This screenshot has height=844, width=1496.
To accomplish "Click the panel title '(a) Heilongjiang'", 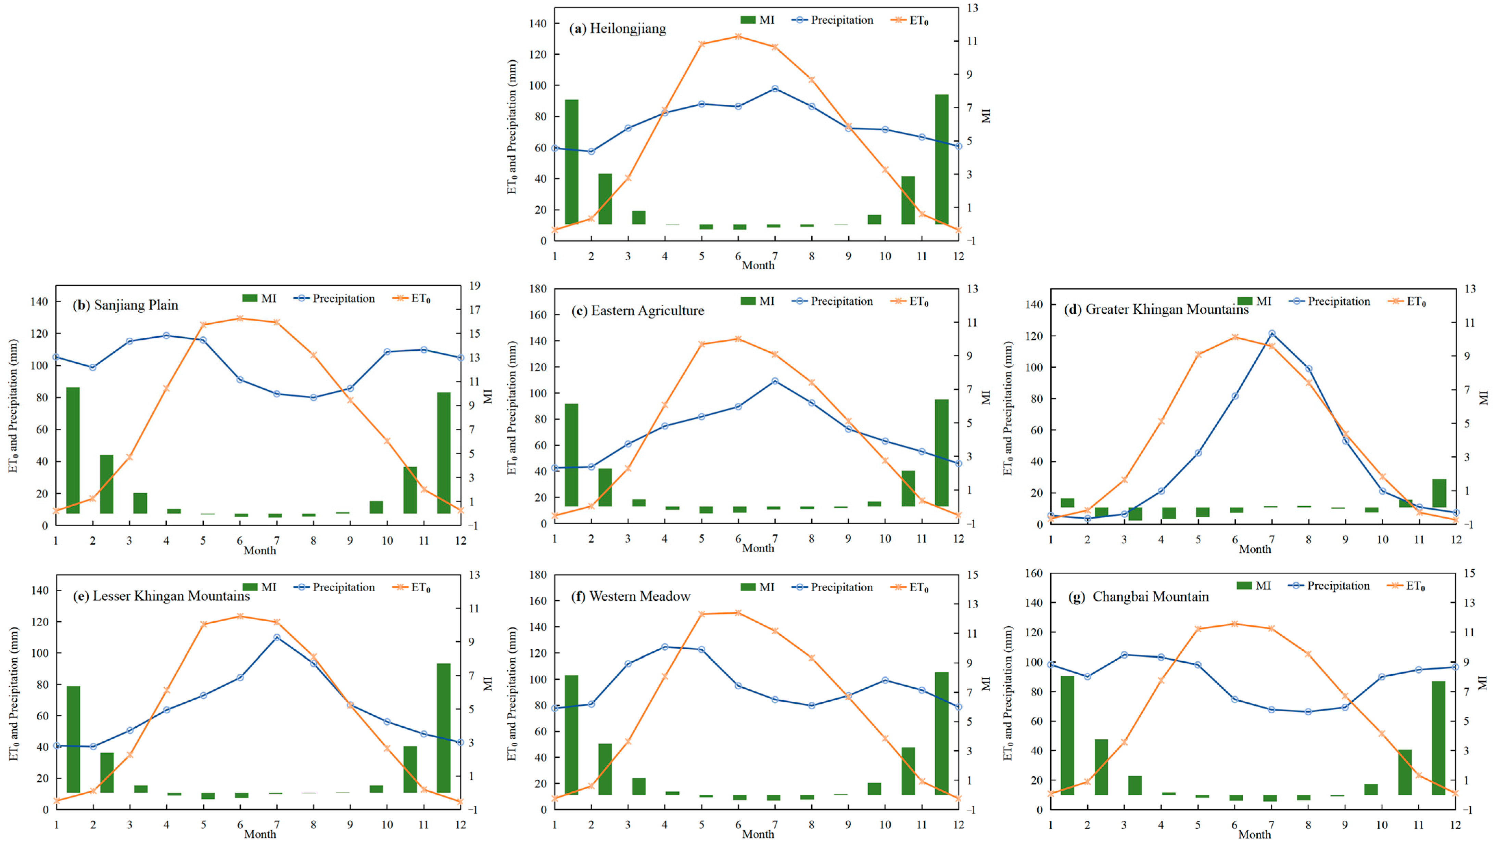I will (617, 28).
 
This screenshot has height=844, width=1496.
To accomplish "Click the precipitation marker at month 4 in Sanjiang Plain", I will (166, 336).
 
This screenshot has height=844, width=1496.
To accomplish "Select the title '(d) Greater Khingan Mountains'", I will (1156, 309).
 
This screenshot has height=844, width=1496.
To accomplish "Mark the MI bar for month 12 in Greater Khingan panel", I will (1438, 493).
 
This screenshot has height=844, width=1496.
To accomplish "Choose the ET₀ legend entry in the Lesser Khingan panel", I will (412, 587).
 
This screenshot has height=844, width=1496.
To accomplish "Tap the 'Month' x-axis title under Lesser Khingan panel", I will (259, 834).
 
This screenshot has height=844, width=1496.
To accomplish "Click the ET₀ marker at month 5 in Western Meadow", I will (701, 613).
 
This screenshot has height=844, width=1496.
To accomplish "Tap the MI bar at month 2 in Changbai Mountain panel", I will (1101, 767).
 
